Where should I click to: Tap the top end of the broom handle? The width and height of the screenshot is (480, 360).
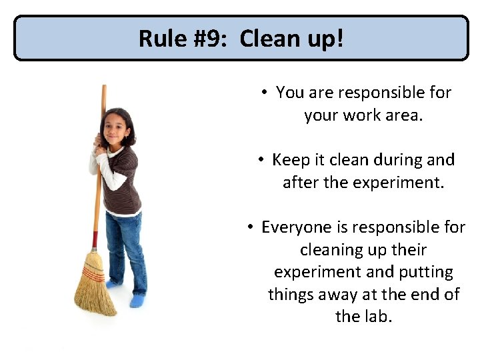pos(104,88)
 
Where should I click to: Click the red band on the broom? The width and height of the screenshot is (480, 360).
pos(95,239)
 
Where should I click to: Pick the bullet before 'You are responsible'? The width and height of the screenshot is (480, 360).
pos(265,93)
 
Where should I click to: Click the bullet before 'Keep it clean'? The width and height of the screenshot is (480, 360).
pos(261,160)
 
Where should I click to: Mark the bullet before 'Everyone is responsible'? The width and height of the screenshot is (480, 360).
pos(250,227)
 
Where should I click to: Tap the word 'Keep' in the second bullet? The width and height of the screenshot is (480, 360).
pos(289,160)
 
